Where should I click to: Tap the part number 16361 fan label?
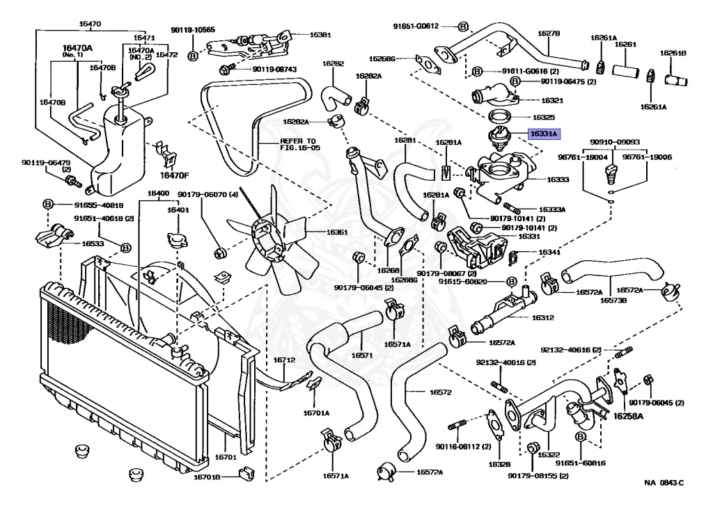pos(318,232)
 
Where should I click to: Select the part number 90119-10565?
pos(193,30)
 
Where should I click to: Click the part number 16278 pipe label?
pos(549,33)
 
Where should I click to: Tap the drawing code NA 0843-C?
pos(664,483)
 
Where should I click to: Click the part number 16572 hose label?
pos(440,392)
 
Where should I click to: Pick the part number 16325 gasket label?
pos(543,118)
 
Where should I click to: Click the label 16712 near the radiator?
pos(284,360)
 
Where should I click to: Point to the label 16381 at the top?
pos(320,34)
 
